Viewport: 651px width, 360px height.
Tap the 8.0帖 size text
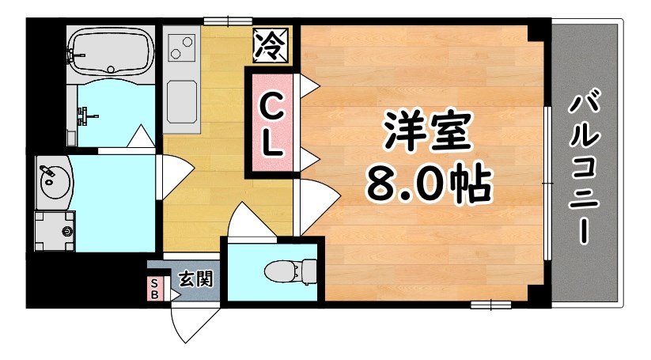pyautogui.click(x=428, y=184)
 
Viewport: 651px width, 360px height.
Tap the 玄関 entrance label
pyautogui.click(x=195, y=279)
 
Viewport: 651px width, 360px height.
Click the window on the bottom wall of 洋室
pyautogui.click(x=490, y=304)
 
